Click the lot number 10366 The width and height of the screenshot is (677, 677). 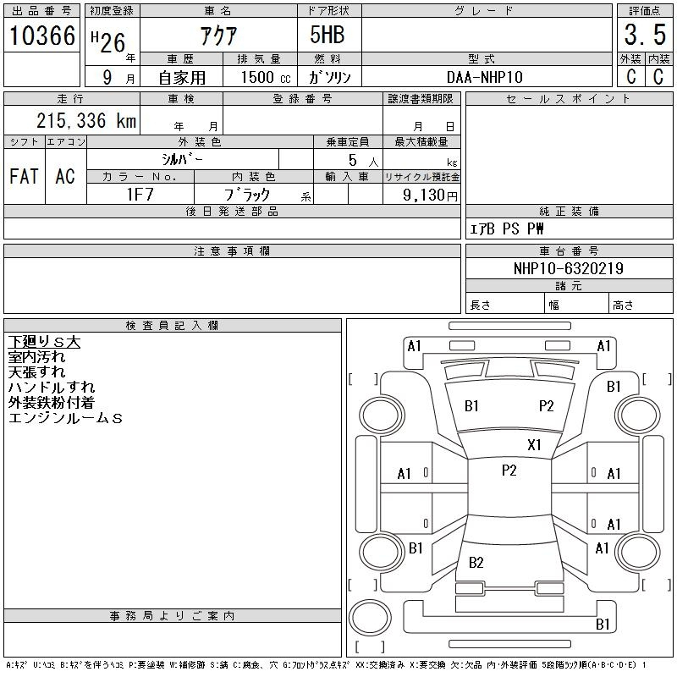(42, 36)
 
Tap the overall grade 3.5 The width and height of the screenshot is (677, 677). (645, 35)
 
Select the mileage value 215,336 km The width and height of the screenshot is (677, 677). (86, 120)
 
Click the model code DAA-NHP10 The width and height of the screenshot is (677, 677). (485, 77)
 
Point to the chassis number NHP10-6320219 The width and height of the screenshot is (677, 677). (569, 268)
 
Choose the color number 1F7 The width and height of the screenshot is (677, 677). (140, 195)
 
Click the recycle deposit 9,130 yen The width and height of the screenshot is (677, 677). (430, 195)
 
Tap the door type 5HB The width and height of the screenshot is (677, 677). (327, 35)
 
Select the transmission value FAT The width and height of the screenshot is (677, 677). (25, 176)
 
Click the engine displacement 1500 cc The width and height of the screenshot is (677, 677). (266, 77)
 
